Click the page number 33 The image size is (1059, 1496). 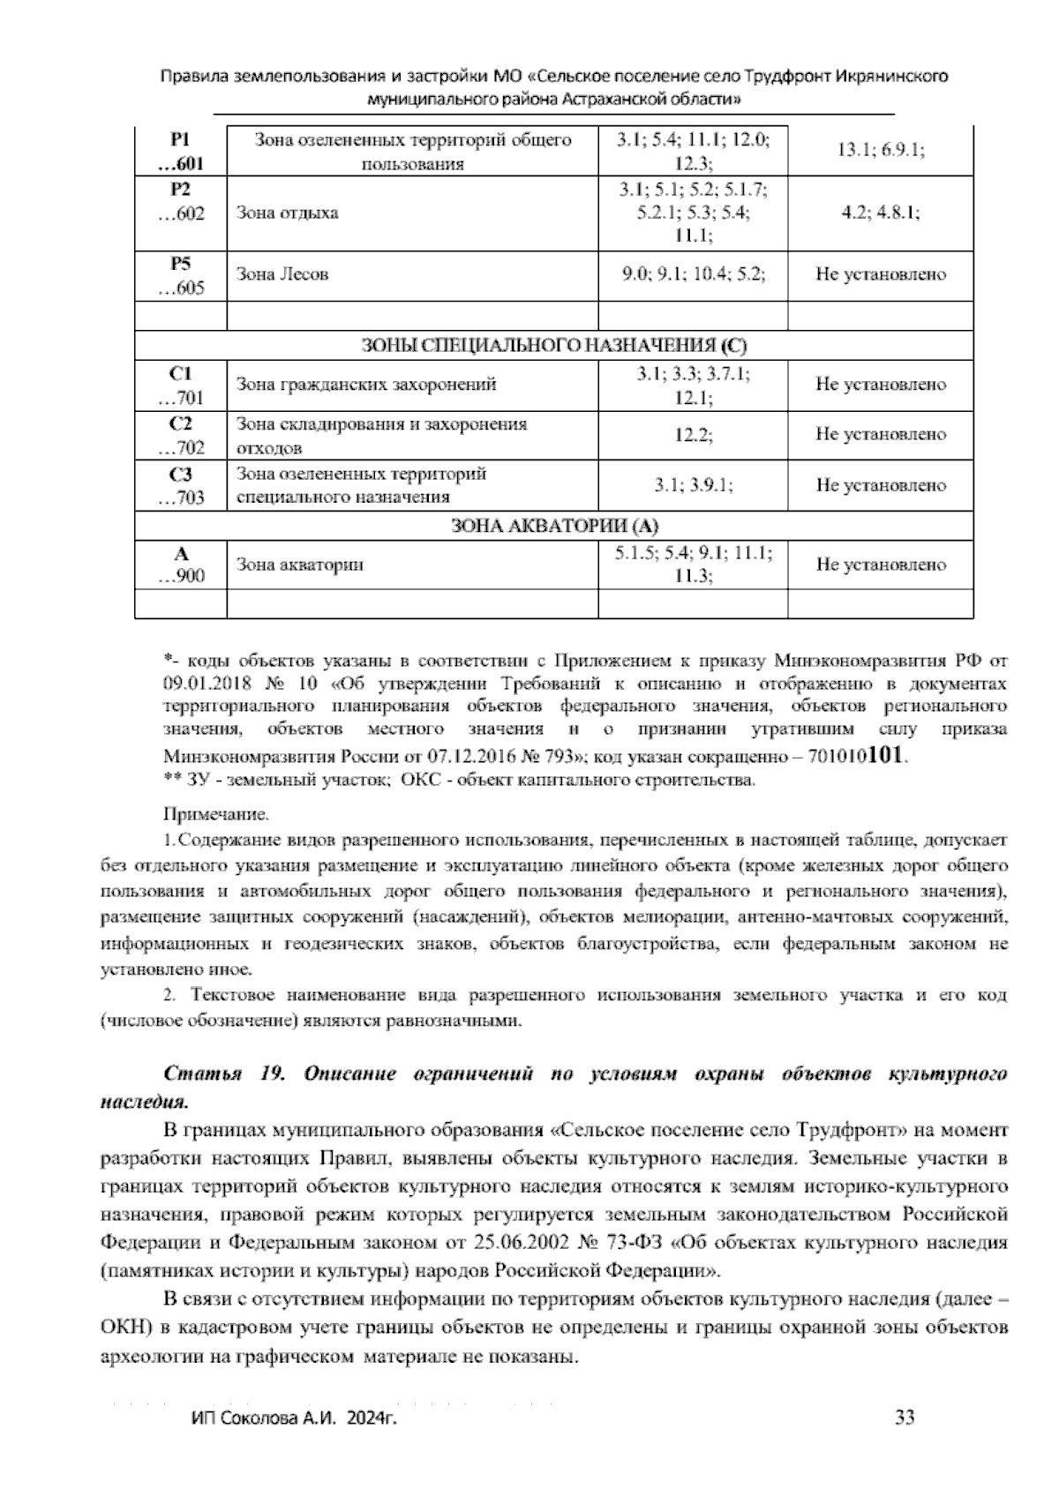905,1417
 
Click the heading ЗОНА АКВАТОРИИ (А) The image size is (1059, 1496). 554,527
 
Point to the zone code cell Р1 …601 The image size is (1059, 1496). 181,152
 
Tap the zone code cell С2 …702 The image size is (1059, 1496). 181,435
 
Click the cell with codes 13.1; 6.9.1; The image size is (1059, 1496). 880,151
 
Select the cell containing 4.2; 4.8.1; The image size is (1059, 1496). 880,213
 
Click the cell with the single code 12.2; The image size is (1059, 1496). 693,435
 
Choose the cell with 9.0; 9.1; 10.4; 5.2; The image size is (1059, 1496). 693,274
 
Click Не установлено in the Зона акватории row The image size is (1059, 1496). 880,565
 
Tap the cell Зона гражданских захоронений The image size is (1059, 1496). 366,385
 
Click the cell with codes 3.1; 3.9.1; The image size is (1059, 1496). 693,485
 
